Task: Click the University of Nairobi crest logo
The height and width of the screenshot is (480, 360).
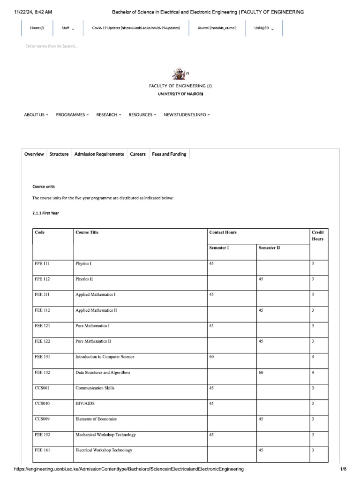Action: coord(179,74)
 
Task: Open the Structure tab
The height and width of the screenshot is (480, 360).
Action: coord(59,154)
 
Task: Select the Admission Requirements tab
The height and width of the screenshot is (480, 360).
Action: coord(99,154)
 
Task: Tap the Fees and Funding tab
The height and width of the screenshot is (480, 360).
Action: coord(169,154)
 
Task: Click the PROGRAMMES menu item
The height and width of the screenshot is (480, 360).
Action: coord(72,115)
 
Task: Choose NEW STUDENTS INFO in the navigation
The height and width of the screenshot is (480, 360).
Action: coord(187,115)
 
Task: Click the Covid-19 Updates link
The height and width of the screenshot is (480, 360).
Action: coord(136,28)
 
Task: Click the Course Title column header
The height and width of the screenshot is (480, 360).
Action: coord(87,232)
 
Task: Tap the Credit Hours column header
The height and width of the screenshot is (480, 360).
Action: coord(317,235)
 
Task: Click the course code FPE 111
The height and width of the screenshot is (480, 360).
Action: coord(42,263)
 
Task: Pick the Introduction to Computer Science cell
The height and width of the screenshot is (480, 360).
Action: coord(105,357)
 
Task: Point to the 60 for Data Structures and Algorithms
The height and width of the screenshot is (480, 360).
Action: coord(261,372)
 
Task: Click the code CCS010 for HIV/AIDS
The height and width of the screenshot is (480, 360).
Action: coord(42,403)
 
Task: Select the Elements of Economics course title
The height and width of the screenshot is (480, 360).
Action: coord(96,419)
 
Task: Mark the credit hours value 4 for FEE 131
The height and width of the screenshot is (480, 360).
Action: coord(313,357)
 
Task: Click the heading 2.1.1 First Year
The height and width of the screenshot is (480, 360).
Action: coord(45,213)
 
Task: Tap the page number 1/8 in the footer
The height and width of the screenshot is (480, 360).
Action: coord(343,469)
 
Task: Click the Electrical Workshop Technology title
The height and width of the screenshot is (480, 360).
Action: coord(104,450)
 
